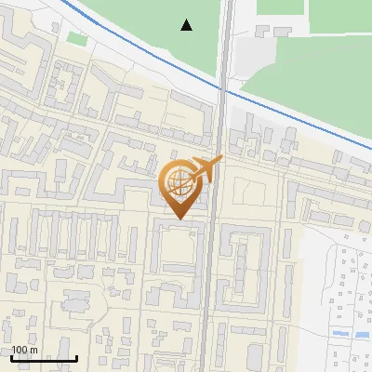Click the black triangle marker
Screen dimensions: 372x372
point(187,25)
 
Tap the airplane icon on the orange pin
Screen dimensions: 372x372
point(206,169)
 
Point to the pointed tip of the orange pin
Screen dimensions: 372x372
point(179,219)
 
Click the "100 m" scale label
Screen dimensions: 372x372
point(24,350)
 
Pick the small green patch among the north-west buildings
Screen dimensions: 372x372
point(75,38)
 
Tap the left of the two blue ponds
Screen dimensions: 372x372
point(337,333)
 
